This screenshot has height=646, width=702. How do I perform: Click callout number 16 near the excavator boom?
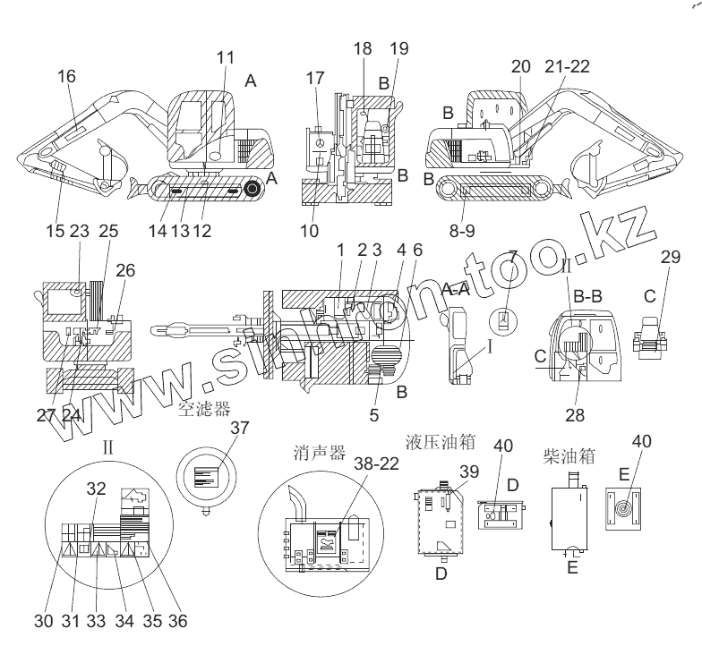pos(67,78)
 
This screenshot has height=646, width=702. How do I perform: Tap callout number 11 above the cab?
pos(225,57)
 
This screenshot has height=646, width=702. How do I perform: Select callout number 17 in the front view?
pos(315,79)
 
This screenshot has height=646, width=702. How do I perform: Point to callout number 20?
pos(521,66)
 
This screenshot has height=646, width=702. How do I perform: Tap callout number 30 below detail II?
pos(44,620)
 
